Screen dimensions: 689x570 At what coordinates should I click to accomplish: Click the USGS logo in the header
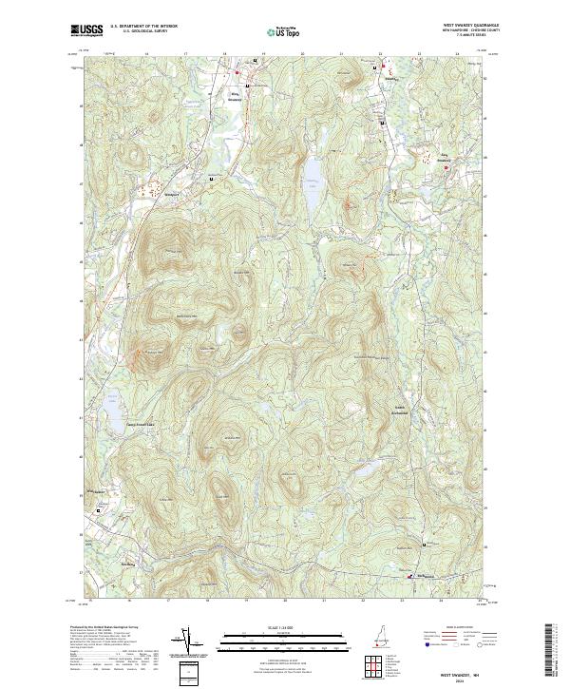[86, 31]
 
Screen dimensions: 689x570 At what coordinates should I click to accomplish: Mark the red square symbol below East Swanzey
[446, 169]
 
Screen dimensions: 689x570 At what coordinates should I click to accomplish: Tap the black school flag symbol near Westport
[210, 178]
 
